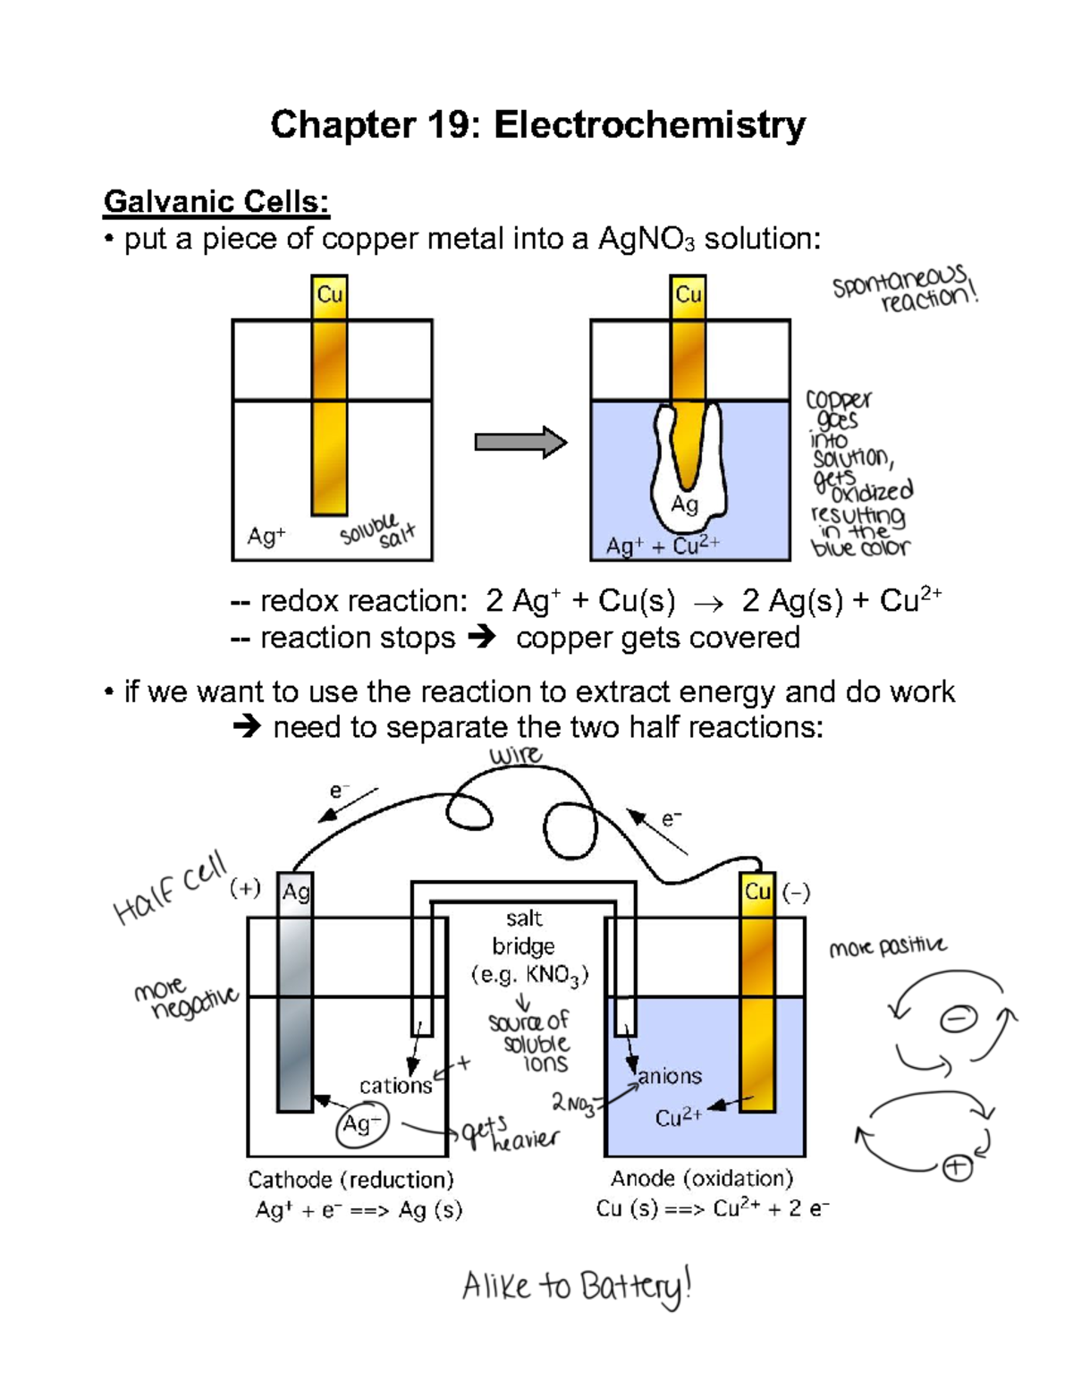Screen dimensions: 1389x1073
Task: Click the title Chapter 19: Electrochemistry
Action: click(537, 125)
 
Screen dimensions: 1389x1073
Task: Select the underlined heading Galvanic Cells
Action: click(216, 202)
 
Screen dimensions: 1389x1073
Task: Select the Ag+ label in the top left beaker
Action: click(266, 537)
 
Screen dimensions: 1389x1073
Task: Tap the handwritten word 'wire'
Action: click(515, 756)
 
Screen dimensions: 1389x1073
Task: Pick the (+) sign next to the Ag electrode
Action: click(245, 888)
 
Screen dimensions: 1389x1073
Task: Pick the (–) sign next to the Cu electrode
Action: click(796, 893)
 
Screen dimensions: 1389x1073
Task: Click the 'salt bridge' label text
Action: click(524, 932)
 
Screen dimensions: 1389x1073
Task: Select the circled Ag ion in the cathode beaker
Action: click(362, 1124)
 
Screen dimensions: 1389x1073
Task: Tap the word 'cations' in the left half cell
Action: click(395, 1086)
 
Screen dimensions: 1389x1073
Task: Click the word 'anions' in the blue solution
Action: click(670, 1076)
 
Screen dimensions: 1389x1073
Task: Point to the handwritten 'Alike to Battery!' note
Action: click(577, 1287)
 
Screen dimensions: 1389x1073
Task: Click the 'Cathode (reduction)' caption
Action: click(351, 1180)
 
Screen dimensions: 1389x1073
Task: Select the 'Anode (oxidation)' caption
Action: click(702, 1179)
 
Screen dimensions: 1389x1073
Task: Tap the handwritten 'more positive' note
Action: click(887, 947)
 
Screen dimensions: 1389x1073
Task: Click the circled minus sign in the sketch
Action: click(958, 1019)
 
